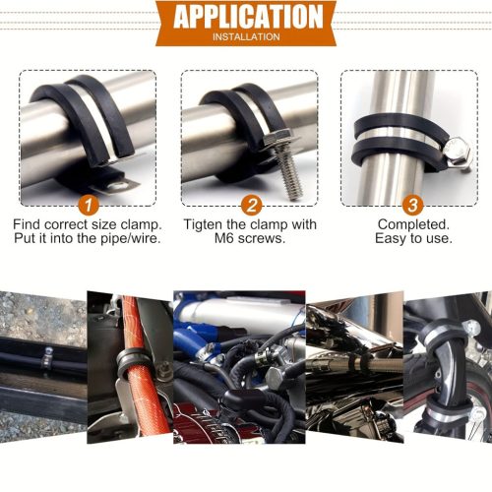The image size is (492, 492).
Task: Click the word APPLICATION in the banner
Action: [248, 17]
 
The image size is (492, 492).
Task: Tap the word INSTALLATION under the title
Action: [246, 36]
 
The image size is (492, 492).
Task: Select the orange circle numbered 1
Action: [89, 206]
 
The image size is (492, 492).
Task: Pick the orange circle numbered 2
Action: [251, 206]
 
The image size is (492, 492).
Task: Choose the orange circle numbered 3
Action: [412, 206]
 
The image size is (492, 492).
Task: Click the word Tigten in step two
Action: [204, 225]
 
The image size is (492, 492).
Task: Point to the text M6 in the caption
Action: [224, 238]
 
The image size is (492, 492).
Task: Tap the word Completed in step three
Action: [413, 225]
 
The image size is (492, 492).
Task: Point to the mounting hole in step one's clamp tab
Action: [117, 187]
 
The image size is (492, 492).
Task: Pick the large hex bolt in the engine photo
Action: [277, 378]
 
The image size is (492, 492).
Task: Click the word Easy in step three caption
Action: [390, 239]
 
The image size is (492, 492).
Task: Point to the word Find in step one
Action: [27, 225]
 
